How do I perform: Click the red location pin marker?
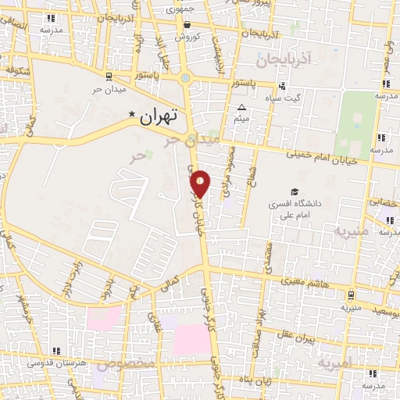(x=201, y=183)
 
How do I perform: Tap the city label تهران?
(x=158, y=116)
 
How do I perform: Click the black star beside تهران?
(x=132, y=114)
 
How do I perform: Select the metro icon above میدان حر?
(x=108, y=76)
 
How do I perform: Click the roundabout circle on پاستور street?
(x=184, y=78)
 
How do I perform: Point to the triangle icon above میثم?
(x=242, y=108)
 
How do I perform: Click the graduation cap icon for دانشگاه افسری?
(x=295, y=191)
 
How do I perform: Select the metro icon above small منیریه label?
(x=351, y=295)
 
